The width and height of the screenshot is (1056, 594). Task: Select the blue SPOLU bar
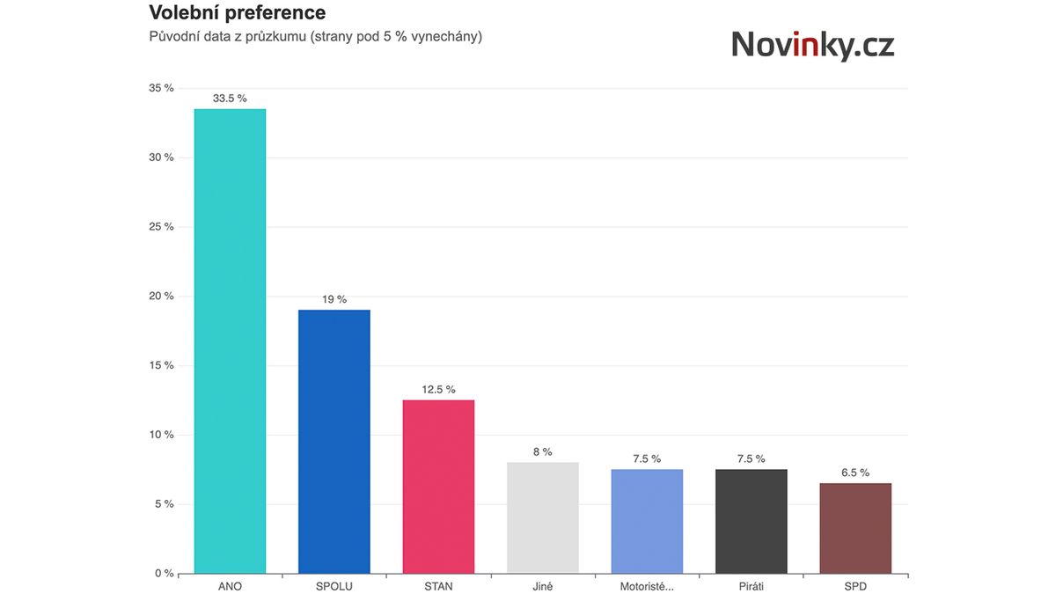(334, 441)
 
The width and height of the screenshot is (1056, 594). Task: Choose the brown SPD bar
(854, 528)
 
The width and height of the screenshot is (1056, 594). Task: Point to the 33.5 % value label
(230, 99)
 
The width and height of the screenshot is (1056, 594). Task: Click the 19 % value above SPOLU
(334, 299)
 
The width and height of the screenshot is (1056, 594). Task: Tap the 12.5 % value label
(438, 390)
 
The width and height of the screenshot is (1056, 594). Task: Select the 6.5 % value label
(854, 473)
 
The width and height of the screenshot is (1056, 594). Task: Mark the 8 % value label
(542, 452)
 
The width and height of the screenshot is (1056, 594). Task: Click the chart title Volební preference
(237, 13)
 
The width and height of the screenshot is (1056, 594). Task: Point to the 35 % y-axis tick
(163, 88)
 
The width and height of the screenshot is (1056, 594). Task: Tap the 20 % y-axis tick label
(163, 297)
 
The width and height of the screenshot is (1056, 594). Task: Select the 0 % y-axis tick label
(165, 574)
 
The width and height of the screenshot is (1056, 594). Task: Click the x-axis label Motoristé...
(647, 586)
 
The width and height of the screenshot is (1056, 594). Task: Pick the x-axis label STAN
(438, 586)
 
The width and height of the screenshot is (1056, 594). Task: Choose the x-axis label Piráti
(751, 586)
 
